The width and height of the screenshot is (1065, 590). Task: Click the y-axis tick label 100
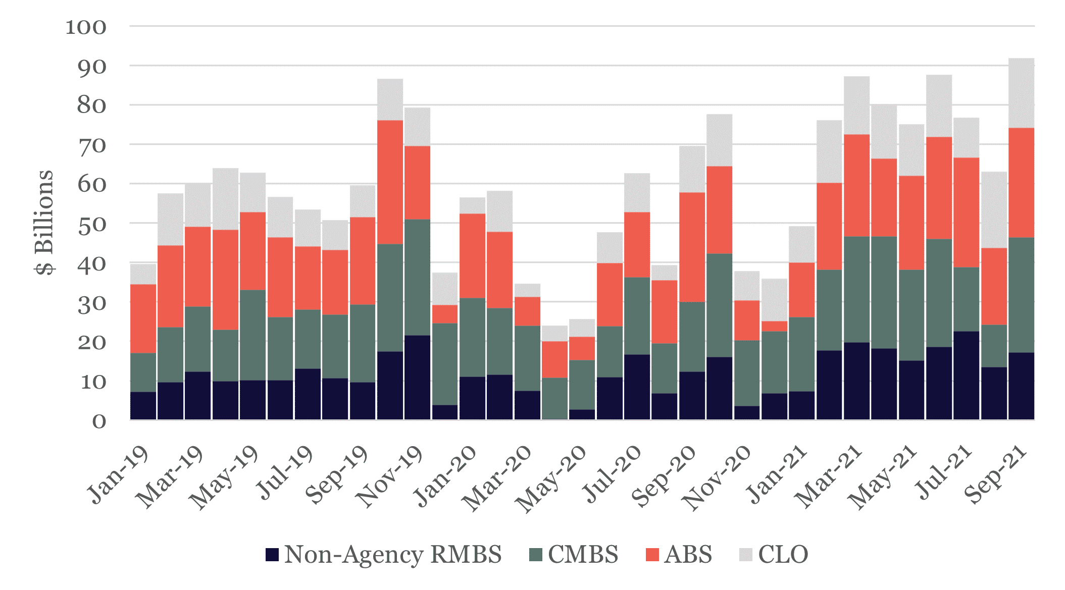86,27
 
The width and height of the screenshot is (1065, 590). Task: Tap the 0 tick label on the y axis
99,421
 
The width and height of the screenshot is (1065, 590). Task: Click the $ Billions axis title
44,222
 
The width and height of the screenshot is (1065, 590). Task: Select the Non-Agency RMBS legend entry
384,555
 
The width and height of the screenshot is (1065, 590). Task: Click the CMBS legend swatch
535,555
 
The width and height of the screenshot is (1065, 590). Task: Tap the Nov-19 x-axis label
389,477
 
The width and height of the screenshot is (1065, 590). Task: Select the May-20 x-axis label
551,479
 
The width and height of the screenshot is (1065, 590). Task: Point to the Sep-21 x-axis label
995,474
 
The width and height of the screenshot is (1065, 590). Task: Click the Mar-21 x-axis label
828,477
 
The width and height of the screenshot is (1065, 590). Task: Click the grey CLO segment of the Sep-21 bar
1021,93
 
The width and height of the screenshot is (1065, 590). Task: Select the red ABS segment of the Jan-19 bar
143,318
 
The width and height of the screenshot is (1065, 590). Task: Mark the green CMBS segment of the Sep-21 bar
1021,295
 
